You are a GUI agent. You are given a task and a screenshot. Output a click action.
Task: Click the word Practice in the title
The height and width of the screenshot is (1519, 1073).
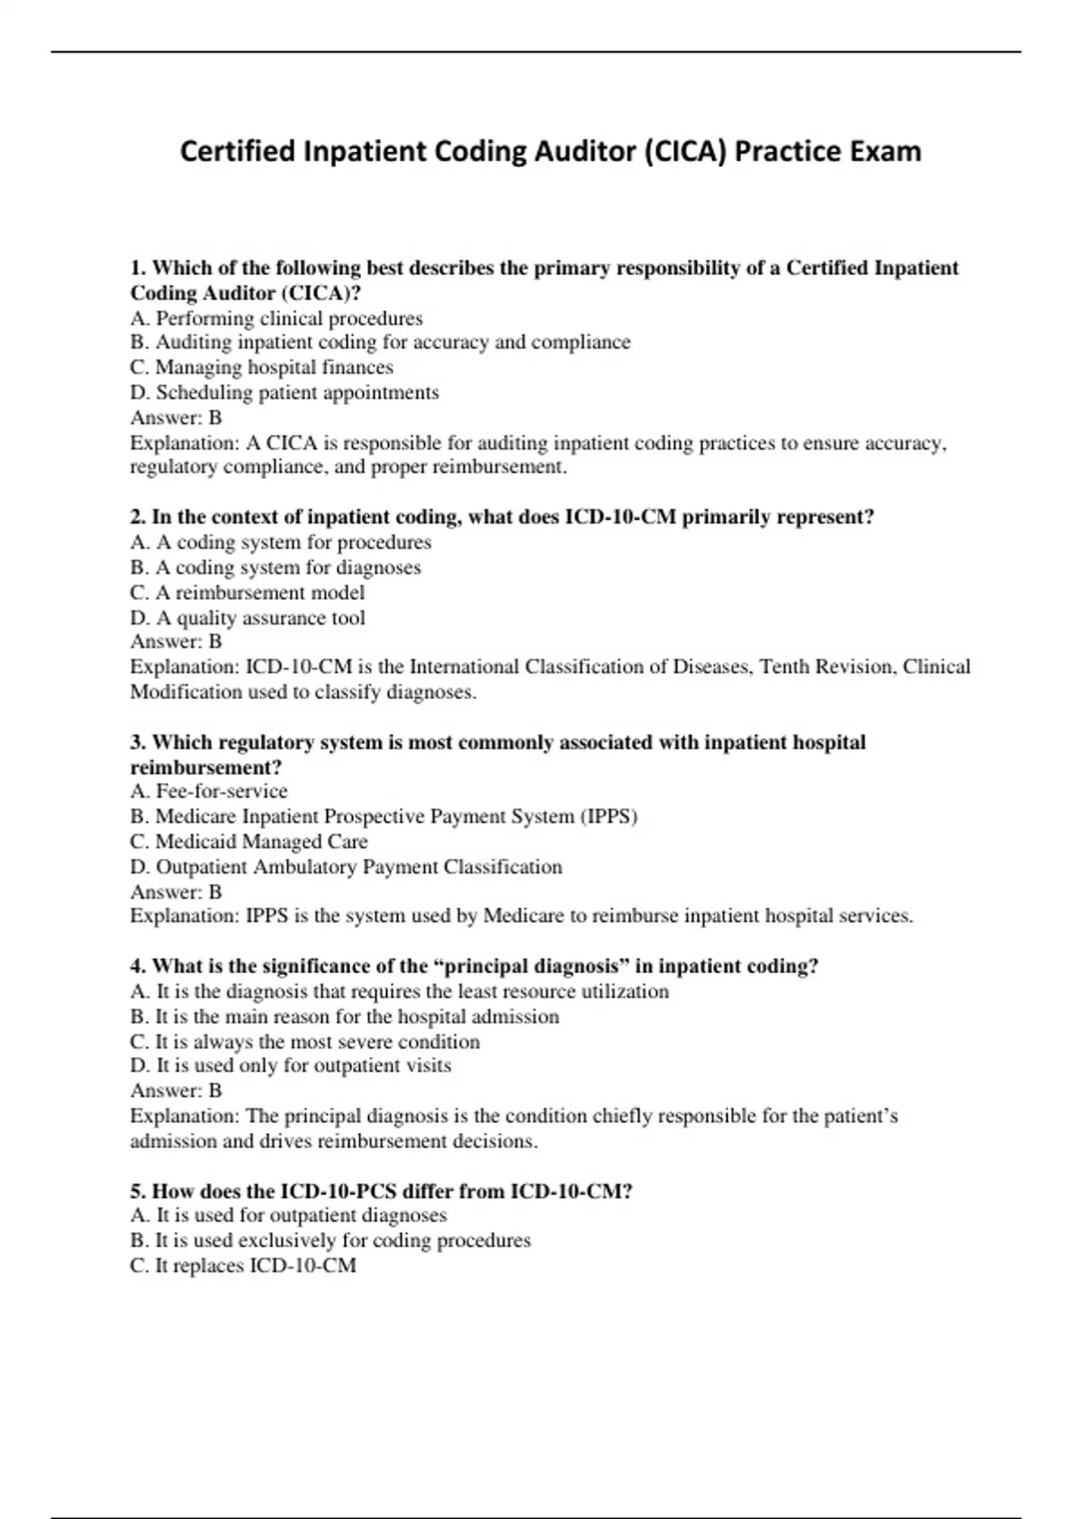[x=786, y=151]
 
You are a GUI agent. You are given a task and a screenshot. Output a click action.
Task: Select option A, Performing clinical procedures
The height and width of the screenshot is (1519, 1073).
[x=276, y=318]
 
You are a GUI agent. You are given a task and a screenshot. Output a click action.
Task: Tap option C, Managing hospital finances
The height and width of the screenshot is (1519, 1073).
[x=261, y=367]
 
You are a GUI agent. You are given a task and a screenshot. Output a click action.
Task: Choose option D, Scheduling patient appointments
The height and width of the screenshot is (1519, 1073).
[x=284, y=392]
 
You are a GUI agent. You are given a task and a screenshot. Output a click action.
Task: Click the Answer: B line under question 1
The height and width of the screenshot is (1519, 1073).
[x=176, y=417]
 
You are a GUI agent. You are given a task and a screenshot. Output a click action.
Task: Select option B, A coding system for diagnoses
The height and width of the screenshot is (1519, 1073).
[x=275, y=567]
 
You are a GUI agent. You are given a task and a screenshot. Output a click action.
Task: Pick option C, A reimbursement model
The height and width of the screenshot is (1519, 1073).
[x=248, y=592]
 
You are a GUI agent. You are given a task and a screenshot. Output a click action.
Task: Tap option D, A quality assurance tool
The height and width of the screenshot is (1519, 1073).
[x=248, y=617]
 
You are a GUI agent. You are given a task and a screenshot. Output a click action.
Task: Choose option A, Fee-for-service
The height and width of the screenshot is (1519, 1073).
[x=209, y=791]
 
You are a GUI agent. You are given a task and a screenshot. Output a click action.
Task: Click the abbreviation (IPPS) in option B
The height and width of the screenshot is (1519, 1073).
[x=609, y=816]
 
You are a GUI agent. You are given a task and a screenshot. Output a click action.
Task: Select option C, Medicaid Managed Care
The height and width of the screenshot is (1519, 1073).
[x=249, y=842]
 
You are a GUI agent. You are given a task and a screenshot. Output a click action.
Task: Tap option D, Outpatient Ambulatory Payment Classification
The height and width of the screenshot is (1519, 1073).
[x=346, y=867]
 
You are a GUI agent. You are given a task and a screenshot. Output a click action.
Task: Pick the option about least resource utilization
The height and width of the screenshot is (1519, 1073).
[x=400, y=991]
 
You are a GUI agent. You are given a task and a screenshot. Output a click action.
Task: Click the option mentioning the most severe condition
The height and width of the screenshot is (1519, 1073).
[x=305, y=1042]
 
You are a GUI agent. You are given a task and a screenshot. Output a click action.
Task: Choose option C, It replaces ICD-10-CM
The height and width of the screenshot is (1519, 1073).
[x=243, y=1265]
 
